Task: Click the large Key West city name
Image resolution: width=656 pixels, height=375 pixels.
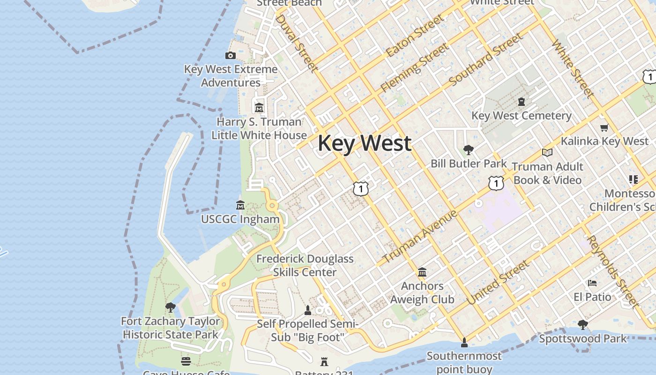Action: point(365,143)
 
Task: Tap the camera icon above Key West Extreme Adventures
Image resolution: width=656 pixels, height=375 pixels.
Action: point(230,56)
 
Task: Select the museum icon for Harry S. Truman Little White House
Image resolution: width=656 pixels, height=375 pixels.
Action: point(259,108)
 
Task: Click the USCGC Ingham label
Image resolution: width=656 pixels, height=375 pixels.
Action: point(240,219)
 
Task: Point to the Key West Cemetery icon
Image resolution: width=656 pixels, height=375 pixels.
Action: point(521,101)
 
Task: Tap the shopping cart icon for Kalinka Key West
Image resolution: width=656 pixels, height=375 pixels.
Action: point(604,127)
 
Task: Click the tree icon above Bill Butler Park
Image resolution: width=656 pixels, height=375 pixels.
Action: point(468,150)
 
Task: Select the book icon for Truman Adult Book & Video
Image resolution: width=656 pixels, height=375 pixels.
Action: point(547,152)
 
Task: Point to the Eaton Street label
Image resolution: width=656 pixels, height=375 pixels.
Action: point(415,36)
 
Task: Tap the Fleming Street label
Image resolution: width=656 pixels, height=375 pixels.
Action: point(414,68)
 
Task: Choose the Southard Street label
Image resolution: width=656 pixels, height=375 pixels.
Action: point(485,60)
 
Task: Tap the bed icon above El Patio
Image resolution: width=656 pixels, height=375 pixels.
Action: point(592,283)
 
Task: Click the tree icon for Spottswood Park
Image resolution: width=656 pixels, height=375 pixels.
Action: point(582,324)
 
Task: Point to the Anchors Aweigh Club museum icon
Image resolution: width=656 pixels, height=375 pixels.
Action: point(422,272)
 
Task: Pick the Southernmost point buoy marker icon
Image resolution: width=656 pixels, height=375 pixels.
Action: point(464,343)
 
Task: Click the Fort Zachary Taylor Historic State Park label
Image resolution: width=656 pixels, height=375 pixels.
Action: point(171,328)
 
